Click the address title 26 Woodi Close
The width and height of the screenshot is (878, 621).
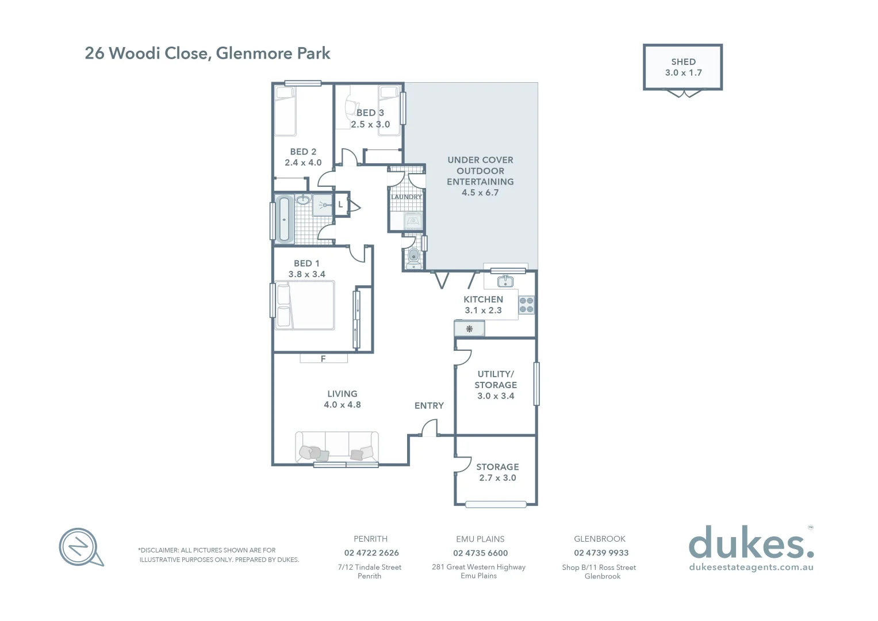[207, 53]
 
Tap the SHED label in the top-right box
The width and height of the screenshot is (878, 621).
[683, 62]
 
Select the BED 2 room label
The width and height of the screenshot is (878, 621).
[303, 152]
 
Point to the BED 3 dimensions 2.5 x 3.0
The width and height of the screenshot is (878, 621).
[370, 124]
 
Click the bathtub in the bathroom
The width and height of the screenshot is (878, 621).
[284, 219]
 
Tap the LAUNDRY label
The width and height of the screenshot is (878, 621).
[407, 197]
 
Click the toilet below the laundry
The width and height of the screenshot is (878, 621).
[413, 257]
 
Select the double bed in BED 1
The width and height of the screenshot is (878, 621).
[305, 306]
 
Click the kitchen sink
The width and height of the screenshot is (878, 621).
[505, 281]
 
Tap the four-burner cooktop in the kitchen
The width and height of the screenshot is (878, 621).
[526, 305]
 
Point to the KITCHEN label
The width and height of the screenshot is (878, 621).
[483, 300]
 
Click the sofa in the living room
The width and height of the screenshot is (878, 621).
[337, 447]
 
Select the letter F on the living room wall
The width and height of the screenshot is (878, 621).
[323, 359]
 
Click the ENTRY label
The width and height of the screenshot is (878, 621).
[429, 406]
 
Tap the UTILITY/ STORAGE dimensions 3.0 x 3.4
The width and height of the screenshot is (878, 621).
[496, 396]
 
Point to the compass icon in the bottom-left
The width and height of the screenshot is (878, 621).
[80, 546]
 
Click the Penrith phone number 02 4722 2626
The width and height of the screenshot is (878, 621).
[371, 553]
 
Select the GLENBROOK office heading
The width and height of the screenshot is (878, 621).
[600, 539]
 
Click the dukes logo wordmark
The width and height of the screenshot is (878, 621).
[750, 543]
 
